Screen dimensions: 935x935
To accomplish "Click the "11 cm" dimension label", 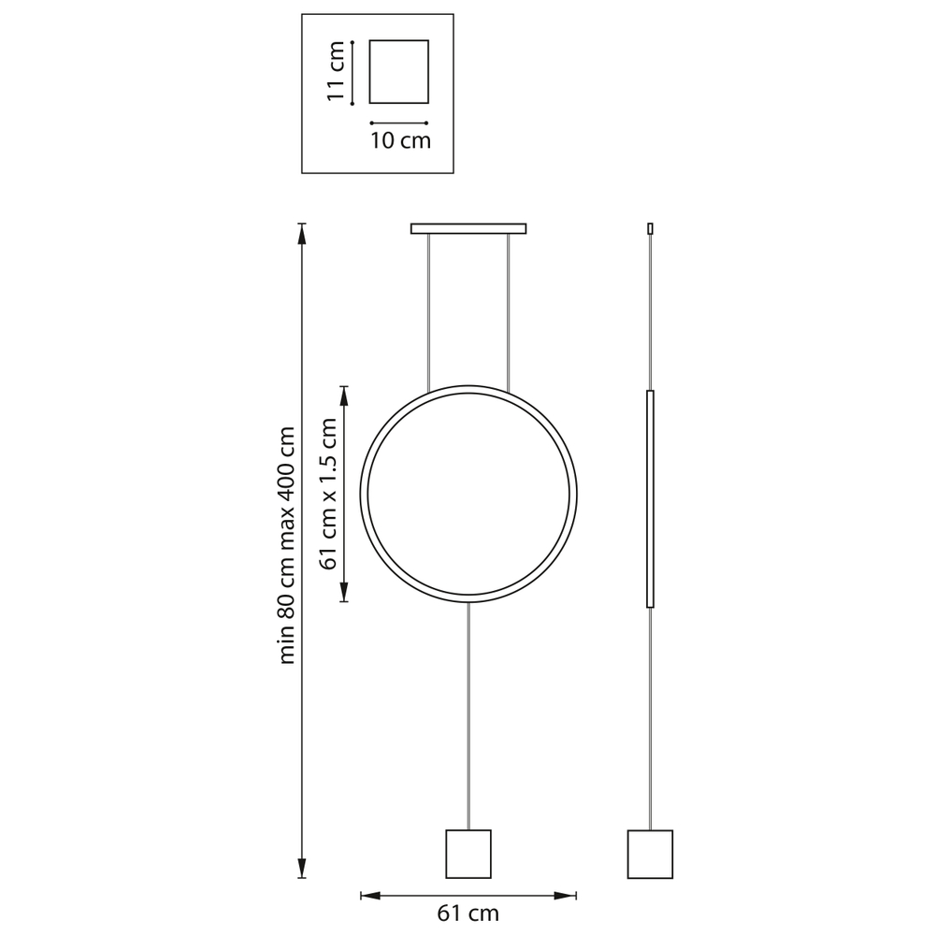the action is tap(337, 71).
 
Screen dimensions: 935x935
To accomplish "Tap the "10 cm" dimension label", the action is tap(400, 141).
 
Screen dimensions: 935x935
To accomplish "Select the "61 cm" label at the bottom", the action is tap(468, 913).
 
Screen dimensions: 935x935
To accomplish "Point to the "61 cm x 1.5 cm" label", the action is tap(328, 494).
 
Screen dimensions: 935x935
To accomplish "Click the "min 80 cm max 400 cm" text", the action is tap(287, 545).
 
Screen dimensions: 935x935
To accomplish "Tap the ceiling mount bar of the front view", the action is tap(468, 228).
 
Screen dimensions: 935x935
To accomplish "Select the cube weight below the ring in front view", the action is tap(468, 854).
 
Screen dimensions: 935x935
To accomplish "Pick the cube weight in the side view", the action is tap(650, 854).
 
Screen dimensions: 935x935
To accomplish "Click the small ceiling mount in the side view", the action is tap(650, 228).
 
